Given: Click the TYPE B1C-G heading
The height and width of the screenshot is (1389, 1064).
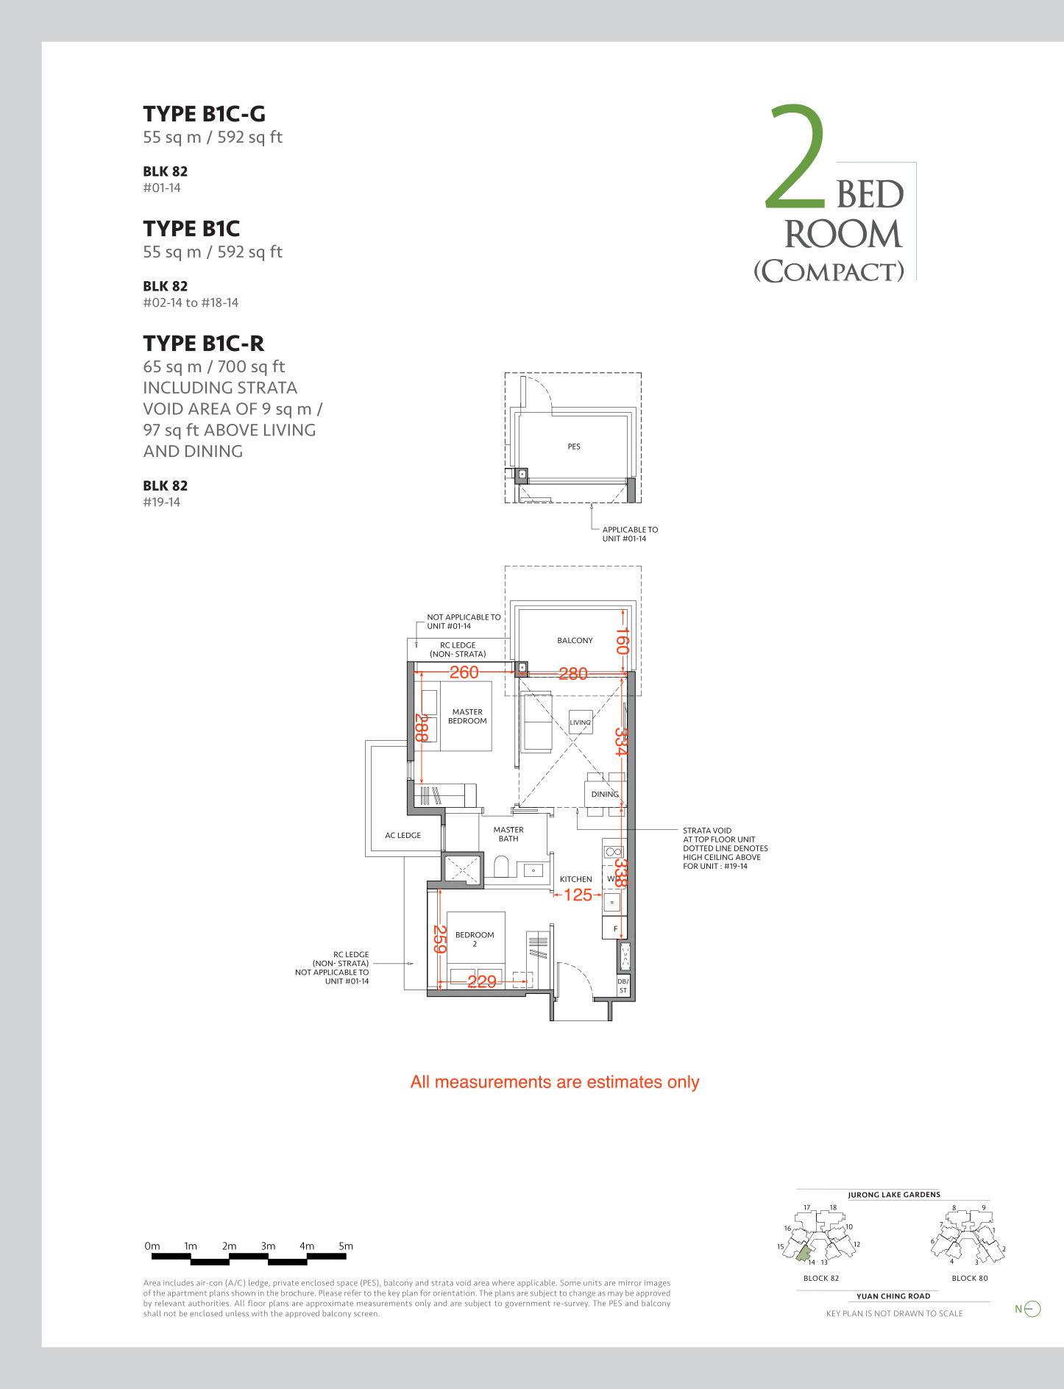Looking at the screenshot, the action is (x=204, y=114).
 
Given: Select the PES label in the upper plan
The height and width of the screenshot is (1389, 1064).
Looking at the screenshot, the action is (x=574, y=447).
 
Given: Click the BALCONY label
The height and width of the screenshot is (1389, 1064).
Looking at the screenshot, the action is (x=575, y=641).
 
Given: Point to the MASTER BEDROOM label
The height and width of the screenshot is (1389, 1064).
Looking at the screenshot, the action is (x=467, y=717).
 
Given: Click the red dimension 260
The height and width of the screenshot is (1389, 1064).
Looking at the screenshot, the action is (x=464, y=672).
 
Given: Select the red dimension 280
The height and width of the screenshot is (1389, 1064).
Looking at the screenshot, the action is (x=573, y=674).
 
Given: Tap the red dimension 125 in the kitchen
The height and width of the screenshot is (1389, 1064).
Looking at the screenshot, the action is (x=578, y=895).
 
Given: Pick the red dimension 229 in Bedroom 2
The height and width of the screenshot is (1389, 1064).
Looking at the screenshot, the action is (x=482, y=981).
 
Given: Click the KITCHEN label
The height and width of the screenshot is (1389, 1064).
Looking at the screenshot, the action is (x=575, y=879).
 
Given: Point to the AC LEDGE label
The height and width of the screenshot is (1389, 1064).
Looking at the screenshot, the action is (x=403, y=836).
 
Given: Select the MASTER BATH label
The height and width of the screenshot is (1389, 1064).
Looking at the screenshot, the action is (x=508, y=834).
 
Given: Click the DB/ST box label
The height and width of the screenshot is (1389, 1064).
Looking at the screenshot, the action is (x=623, y=986).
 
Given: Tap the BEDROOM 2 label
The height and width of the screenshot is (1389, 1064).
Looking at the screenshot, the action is (x=475, y=939).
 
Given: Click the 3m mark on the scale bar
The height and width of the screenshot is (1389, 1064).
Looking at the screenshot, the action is (x=268, y=1246).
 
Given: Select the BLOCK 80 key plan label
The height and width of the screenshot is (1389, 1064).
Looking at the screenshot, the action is (x=970, y=1278).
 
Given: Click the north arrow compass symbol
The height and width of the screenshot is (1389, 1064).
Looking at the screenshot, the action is (x=1032, y=1309).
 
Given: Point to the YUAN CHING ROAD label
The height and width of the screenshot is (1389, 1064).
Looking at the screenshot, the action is (x=893, y=1296).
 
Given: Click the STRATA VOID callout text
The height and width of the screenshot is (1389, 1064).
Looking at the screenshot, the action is (x=726, y=848).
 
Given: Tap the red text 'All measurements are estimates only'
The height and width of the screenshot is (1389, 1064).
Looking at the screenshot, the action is (x=555, y=1082).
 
